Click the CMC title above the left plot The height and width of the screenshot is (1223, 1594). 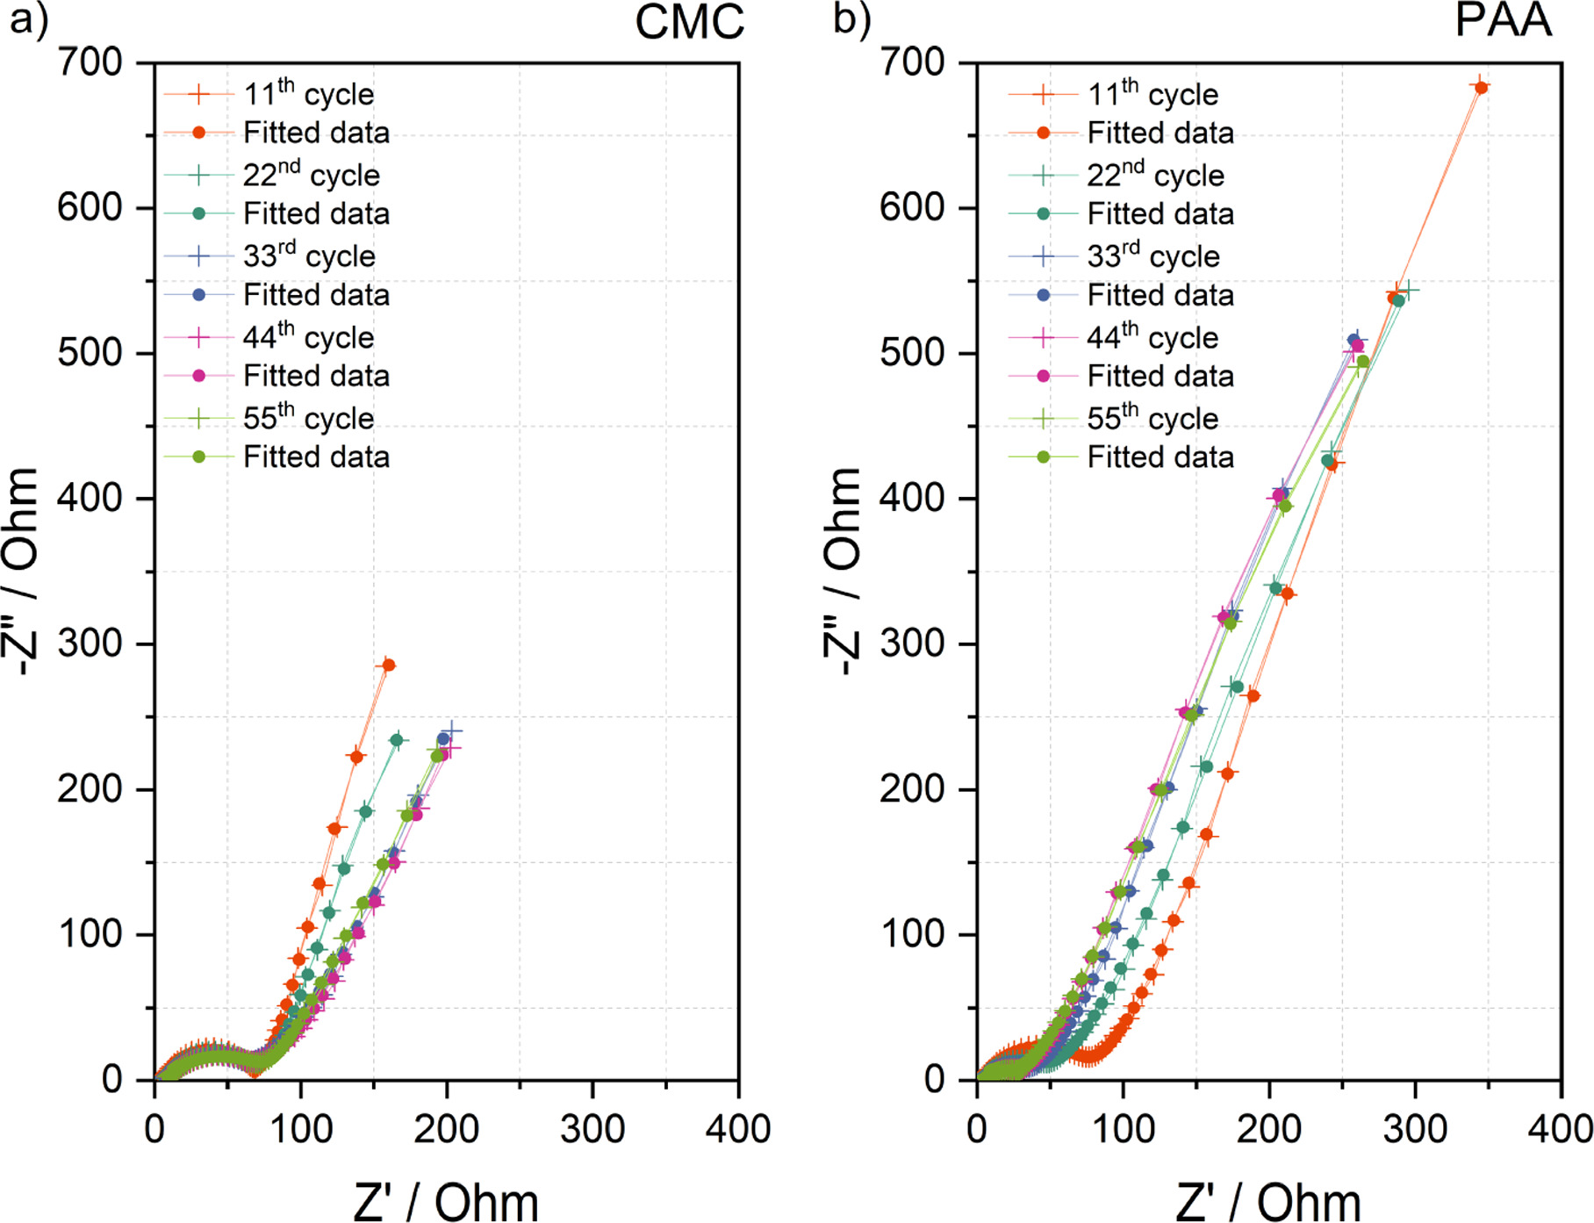pos(689,22)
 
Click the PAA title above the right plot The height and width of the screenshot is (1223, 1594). pos(1503,20)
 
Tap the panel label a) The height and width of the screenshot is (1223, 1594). pos(28,19)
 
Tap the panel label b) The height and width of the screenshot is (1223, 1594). pos(851,19)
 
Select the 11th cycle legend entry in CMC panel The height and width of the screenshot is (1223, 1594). pos(308,93)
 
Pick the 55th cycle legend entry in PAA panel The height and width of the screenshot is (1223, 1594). pos(1152,418)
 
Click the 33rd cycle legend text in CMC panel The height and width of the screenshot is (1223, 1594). pos(308,255)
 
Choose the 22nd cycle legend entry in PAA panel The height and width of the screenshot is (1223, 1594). pos(1154,175)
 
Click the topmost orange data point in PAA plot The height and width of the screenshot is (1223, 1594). pos(1481,87)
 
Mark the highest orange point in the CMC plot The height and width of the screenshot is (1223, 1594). pos(388,665)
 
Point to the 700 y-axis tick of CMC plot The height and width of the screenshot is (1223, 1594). pos(90,62)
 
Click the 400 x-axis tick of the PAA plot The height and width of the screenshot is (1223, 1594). pos(1560,1129)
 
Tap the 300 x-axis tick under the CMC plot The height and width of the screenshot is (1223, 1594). pos(592,1129)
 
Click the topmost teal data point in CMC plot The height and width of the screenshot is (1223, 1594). pos(397,740)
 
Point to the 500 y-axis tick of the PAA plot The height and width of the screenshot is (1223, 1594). pos(912,353)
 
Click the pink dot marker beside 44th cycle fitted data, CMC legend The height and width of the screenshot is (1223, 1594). pos(199,376)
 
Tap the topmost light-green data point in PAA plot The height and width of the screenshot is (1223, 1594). pos(1362,362)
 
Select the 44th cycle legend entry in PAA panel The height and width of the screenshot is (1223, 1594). pos(1152,337)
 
